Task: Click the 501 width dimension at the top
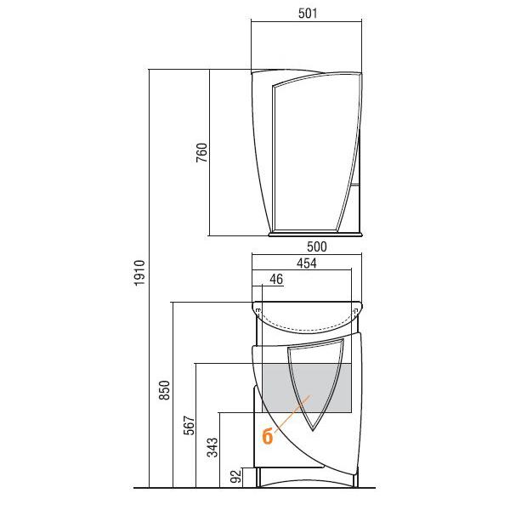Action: pyautogui.click(x=308, y=14)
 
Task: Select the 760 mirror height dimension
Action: pyautogui.click(x=201, y=152)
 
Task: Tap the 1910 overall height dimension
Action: pyautogui.click(x=139, y=273)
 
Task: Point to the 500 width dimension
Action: pyautogui.click(x=317, y=246)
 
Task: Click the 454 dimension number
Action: pyautogui.click(x=306, y=263)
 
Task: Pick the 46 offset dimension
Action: pyautogui.click(x=276, y=279)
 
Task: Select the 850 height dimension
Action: pyautogui.click(x=165, y=390)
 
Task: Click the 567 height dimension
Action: pyautogui.click(x=189, y=425)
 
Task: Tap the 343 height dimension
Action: pyautogui.click(x=212, y=448)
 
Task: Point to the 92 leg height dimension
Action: pyautogui.click(x=236, y=477)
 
